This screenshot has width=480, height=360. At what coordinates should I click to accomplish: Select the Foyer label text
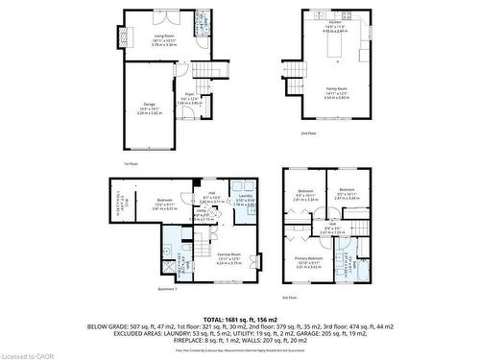pyautogui.click(x=191, y=97)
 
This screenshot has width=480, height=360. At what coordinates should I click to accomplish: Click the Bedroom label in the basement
pyautogui.click(x=163, y=204)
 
